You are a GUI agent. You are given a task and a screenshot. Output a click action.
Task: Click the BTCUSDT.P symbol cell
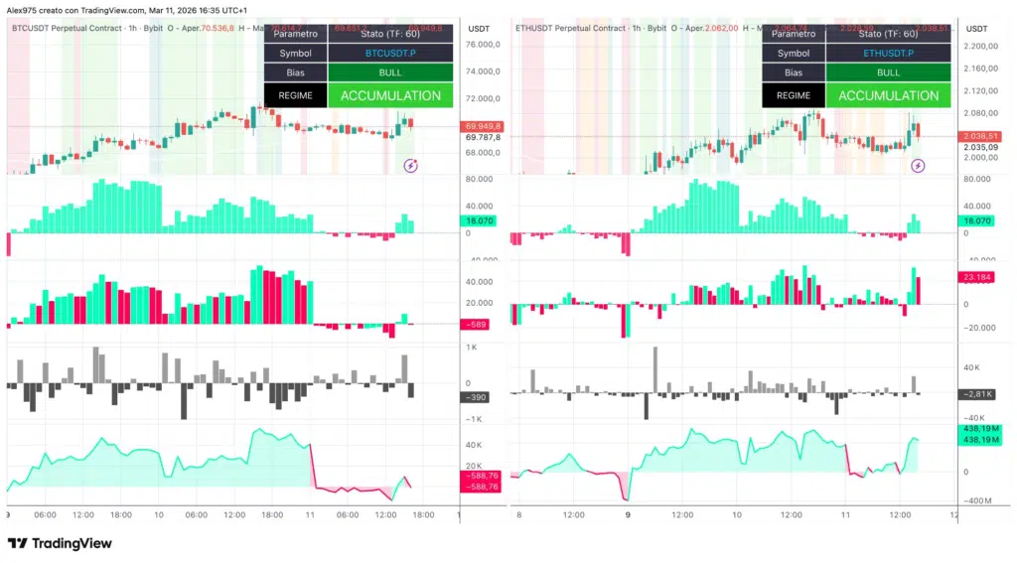[x=390, y=53]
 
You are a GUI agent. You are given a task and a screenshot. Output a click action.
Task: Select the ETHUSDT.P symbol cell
[x=888, y=53]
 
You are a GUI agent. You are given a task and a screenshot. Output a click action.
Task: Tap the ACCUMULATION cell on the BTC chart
[x=390, y=96]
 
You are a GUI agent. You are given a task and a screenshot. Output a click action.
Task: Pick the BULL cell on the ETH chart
[x=888, y=72]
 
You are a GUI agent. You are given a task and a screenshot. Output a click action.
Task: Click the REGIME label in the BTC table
[x=296, y=96]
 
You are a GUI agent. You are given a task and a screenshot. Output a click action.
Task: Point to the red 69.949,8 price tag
[x=484, y=126]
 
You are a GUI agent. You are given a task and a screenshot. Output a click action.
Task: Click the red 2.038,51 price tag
[x=980, y=135]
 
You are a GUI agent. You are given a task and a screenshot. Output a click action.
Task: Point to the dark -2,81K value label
[x=977, y=394]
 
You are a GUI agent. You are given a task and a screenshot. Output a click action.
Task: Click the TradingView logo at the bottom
[x=60, y=543]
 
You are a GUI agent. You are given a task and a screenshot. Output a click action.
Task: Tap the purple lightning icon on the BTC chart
[x=410, y=166]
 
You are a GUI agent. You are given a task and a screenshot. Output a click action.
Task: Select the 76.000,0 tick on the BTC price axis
[x=484, y=45]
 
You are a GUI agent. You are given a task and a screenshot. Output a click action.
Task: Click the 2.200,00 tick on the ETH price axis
[x=980, y=47]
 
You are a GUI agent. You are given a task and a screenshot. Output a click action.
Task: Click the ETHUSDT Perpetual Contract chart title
[x=570, y=28]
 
